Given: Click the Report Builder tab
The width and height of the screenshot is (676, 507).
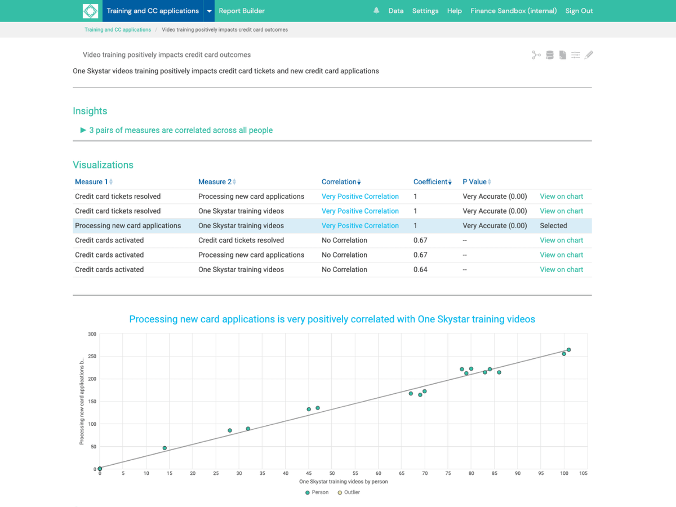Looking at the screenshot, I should point(242,11).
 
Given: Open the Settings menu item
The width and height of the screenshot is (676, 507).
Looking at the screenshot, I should point(425,11).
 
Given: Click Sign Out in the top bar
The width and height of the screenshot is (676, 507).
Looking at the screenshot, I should point(579,11).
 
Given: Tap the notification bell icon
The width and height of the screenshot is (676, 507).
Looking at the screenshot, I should point(376,11).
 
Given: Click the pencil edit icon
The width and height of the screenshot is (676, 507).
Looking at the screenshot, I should point(589,55).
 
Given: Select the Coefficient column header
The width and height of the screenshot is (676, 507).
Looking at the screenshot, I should point(431,182).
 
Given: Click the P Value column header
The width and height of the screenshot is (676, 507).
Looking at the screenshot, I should point(474,182).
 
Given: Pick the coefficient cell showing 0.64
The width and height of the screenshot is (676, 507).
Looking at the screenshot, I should point(420,270).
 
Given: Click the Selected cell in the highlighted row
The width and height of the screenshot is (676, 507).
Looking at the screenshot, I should point(553,226).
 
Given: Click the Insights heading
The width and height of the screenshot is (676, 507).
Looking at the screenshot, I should point(90,111).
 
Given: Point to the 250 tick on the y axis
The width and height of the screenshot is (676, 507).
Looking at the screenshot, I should point(92,357).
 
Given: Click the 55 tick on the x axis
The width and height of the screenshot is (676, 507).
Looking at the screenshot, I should point(355,474).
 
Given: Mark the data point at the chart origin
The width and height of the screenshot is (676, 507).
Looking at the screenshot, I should point(100,469).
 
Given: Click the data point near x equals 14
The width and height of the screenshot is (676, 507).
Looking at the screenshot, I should point(164,448).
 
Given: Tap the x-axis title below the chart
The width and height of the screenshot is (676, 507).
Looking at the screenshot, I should point(343,482).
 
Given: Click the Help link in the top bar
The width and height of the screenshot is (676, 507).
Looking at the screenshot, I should point(454,11).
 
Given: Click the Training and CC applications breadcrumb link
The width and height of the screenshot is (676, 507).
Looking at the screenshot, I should point(118,30).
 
